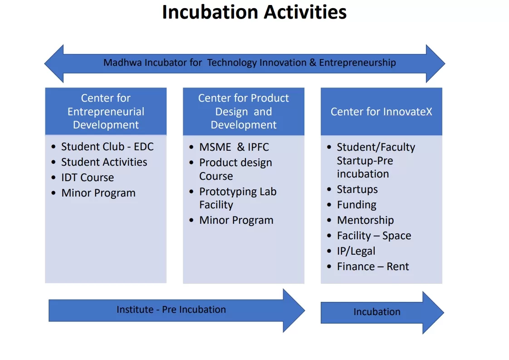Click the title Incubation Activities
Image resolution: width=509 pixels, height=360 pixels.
click(x=254, y=12)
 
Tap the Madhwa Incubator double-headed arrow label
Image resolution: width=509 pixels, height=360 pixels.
click(x=250, y=63)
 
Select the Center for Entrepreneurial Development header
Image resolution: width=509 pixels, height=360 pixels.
click(x=106, y=112)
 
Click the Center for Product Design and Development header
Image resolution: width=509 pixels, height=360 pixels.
click(x=244, y=112)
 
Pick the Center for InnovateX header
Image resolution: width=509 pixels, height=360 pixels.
click(x=381, y=112)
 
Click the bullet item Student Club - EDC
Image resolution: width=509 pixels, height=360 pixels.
click(x=107, y=147)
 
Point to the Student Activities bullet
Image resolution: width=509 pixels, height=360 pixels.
click(x=104, y=162)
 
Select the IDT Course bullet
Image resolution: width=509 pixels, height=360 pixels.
click(x=88, y=178)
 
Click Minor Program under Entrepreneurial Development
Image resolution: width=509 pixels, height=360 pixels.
click(x=98, y=193)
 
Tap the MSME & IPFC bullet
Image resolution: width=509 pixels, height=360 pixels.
click(x=234, y=147)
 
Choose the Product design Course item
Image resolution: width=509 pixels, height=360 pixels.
click(x=235, y=169)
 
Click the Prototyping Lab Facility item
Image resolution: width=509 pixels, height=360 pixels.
click(x=238, y=198)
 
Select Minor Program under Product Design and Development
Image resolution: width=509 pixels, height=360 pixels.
click(x=236, y=221)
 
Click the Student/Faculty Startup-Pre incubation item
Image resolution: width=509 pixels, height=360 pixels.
click(x=376, y=161)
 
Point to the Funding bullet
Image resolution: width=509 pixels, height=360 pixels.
click(x=357, y=205)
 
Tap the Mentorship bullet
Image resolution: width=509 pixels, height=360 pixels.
click(x=365, y=220)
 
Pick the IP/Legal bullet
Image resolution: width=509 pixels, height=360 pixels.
click(x=356, y=251)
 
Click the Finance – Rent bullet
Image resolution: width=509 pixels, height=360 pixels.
click(x=373, y=266)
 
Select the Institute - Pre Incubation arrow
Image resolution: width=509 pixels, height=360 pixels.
click(x=171, y=310)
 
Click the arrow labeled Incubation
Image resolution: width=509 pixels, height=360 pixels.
click(x=377, y=312)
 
